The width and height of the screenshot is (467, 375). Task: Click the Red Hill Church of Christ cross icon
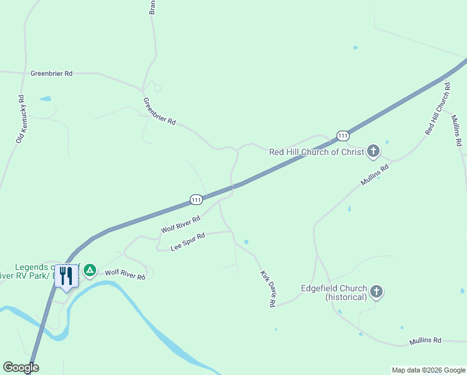373,151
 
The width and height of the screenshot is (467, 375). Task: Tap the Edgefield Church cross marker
376,291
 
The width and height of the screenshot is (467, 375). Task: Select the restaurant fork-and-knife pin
67,275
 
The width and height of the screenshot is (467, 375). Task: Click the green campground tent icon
90,270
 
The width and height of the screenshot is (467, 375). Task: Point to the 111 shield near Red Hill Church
342,136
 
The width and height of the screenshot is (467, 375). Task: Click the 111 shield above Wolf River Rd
196,199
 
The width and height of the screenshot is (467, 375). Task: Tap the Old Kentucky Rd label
20,119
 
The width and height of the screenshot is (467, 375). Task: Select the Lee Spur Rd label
188,242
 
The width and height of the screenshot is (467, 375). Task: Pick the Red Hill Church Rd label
438,108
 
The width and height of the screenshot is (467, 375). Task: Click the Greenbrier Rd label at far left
51,73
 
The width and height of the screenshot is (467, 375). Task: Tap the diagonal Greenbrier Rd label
159,111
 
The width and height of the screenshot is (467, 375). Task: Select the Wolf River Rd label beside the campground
125,273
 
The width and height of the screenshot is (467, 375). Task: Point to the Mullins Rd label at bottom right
425,341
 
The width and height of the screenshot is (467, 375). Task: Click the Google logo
21,367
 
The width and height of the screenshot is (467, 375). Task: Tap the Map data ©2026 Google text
428,370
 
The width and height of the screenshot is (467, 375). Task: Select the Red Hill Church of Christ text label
316,151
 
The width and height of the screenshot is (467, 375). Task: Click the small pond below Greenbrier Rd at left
45,99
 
